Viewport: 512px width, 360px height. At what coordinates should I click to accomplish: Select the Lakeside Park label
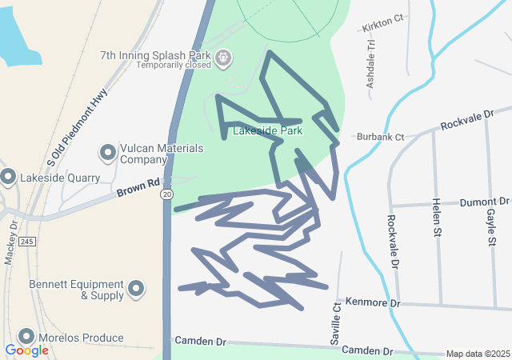267,130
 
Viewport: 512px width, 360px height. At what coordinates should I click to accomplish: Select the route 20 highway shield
166,194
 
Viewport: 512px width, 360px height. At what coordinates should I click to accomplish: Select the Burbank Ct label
381,137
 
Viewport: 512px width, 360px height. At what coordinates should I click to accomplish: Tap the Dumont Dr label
486,202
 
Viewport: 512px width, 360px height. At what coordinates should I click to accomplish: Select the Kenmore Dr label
373,303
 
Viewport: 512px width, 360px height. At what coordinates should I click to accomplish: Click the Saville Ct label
337,322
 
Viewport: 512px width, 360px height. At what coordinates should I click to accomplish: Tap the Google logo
26,350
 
